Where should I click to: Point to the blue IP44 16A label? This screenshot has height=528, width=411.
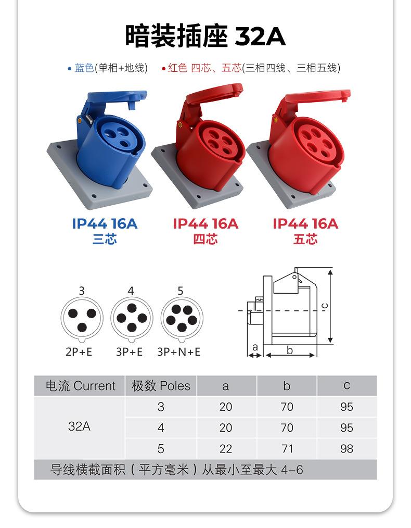click(105, 224)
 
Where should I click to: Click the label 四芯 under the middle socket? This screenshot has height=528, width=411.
click(205, 240)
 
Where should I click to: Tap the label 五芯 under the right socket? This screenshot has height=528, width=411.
click(305, 240)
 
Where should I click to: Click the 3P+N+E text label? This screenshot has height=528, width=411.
click(178, 353)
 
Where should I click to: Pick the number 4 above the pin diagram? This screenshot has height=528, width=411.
click(131, 291)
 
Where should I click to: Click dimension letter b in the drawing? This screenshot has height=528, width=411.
click(290, 350)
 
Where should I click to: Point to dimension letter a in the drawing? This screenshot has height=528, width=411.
click(255, 347)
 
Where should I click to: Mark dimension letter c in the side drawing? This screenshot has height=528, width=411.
click(324, 306)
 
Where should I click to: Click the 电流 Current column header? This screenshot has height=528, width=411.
click(80, 386)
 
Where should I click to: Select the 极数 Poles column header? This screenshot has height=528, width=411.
click(161, 386)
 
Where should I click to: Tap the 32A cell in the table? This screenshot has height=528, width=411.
click(79, 426)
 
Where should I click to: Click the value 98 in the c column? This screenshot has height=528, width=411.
click(346, 449)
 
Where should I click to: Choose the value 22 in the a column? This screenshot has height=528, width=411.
click(225, 449)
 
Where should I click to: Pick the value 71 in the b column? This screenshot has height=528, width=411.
click(287, 449)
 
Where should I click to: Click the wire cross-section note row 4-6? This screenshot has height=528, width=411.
click(177, 470)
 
